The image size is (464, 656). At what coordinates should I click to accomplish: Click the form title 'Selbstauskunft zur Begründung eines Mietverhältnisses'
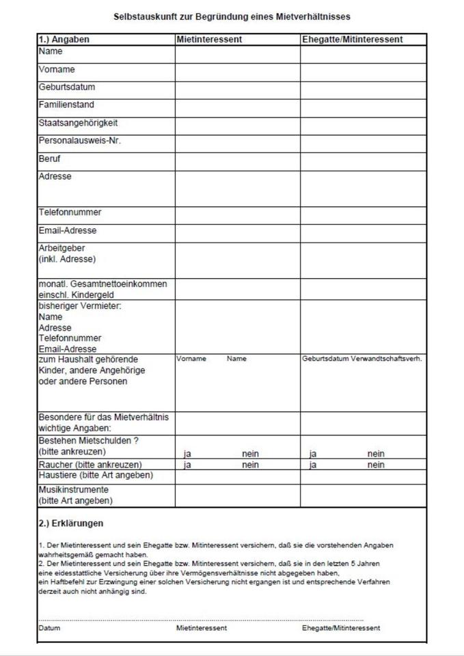(232, 16)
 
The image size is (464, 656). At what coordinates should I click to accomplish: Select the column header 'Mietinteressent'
(209, 40)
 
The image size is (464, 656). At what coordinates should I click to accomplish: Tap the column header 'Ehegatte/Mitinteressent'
(352, 40)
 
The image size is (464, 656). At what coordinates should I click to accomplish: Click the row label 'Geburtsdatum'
(67, 87)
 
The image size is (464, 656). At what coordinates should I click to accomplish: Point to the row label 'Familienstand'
(66, 105)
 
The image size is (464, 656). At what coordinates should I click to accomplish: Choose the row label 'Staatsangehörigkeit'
(78, 123)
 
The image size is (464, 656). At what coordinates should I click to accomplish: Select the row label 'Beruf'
(50, 159)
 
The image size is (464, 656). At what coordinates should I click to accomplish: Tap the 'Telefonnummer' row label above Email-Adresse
(70, 213)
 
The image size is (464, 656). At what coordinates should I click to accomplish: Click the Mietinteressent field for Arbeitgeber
(237, 260)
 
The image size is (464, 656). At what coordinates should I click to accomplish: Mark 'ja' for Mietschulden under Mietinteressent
(187, 454)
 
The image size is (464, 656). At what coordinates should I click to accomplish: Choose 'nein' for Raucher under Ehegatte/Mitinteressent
(376, 465)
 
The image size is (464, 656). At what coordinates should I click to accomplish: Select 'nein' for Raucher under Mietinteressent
(250, 465)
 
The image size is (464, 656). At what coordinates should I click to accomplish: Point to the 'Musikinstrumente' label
(74, 490)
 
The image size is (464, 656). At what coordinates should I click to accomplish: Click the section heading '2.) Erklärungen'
(71, 524)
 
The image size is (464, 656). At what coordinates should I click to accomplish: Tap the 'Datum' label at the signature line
(49, 627)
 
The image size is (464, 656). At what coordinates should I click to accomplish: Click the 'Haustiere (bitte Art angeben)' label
(96, 475)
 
